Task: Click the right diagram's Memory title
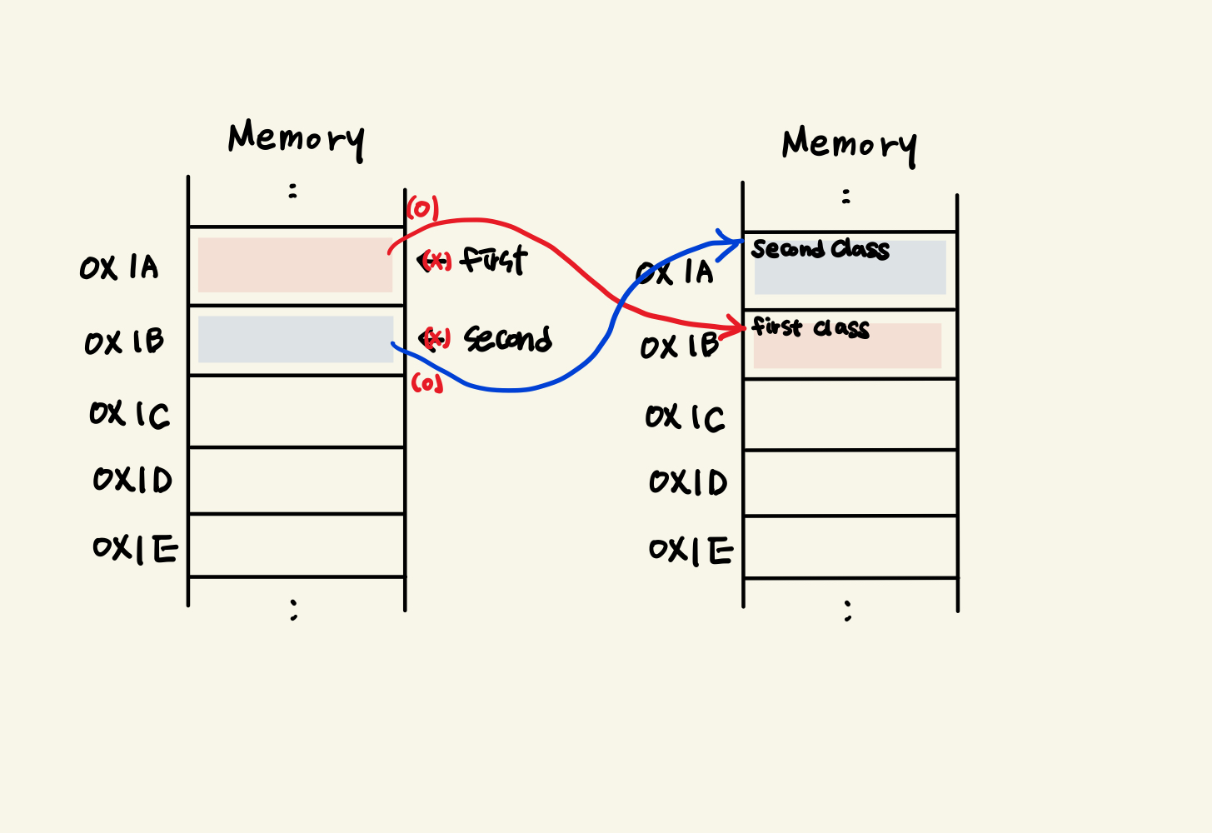pyautogui.click(x=849, y=145)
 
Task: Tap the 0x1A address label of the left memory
pyautogui.click(x=119, y=267)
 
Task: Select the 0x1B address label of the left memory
pyautogui.click(x=124, y=342)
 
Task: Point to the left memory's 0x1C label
pyautogui.click(x=129, y=414)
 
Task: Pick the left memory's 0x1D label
pyautogui.click(x=132, y=480)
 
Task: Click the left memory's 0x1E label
pyautogui.click(x=135, y=548)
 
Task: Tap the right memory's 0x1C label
pyautogui.click(x=685, y=417)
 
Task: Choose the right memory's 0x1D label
pyautogui.click(x=688, y=482)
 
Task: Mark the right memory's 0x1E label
pyautogui.click(x=691, y=551)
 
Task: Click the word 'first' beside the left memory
pyautogui.click(x=494, y=260)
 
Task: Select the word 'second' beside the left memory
pyautogui.click(x=507, y=338)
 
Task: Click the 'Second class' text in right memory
pyautogui.click(x=820, y=249)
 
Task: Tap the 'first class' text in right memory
pyautogui.click(x=810, y=327)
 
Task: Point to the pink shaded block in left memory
pyautogui.click(x=295, y=265)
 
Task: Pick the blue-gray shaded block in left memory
pyautogui.click(x=295, y=339)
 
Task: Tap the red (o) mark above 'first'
pyautogui.click(x=422, y=208)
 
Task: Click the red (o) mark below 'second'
pyautogui.click(x=426, y=383)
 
